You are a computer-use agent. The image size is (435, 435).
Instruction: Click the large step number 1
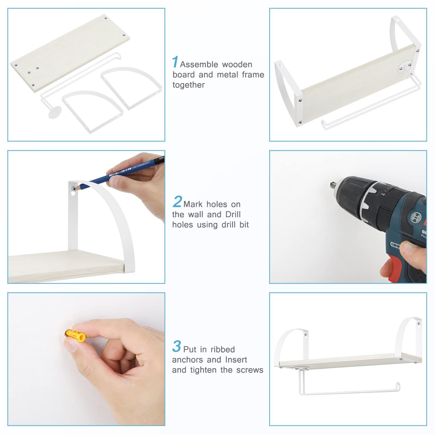[x=175, y=62]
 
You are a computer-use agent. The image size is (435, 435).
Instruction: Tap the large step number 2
[x=177, y=202]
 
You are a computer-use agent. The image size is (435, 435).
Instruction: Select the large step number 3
[x=176, y=346]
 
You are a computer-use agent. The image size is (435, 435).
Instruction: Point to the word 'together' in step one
[x=188, y=85]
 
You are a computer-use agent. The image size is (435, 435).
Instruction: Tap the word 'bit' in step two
[x=244, y=225]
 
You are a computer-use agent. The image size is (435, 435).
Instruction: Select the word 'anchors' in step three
[x=187, y=360]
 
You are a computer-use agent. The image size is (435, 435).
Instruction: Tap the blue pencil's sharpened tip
[x=76, y=188]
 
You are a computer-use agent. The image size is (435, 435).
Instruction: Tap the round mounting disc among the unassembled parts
[x=55, y=112]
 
